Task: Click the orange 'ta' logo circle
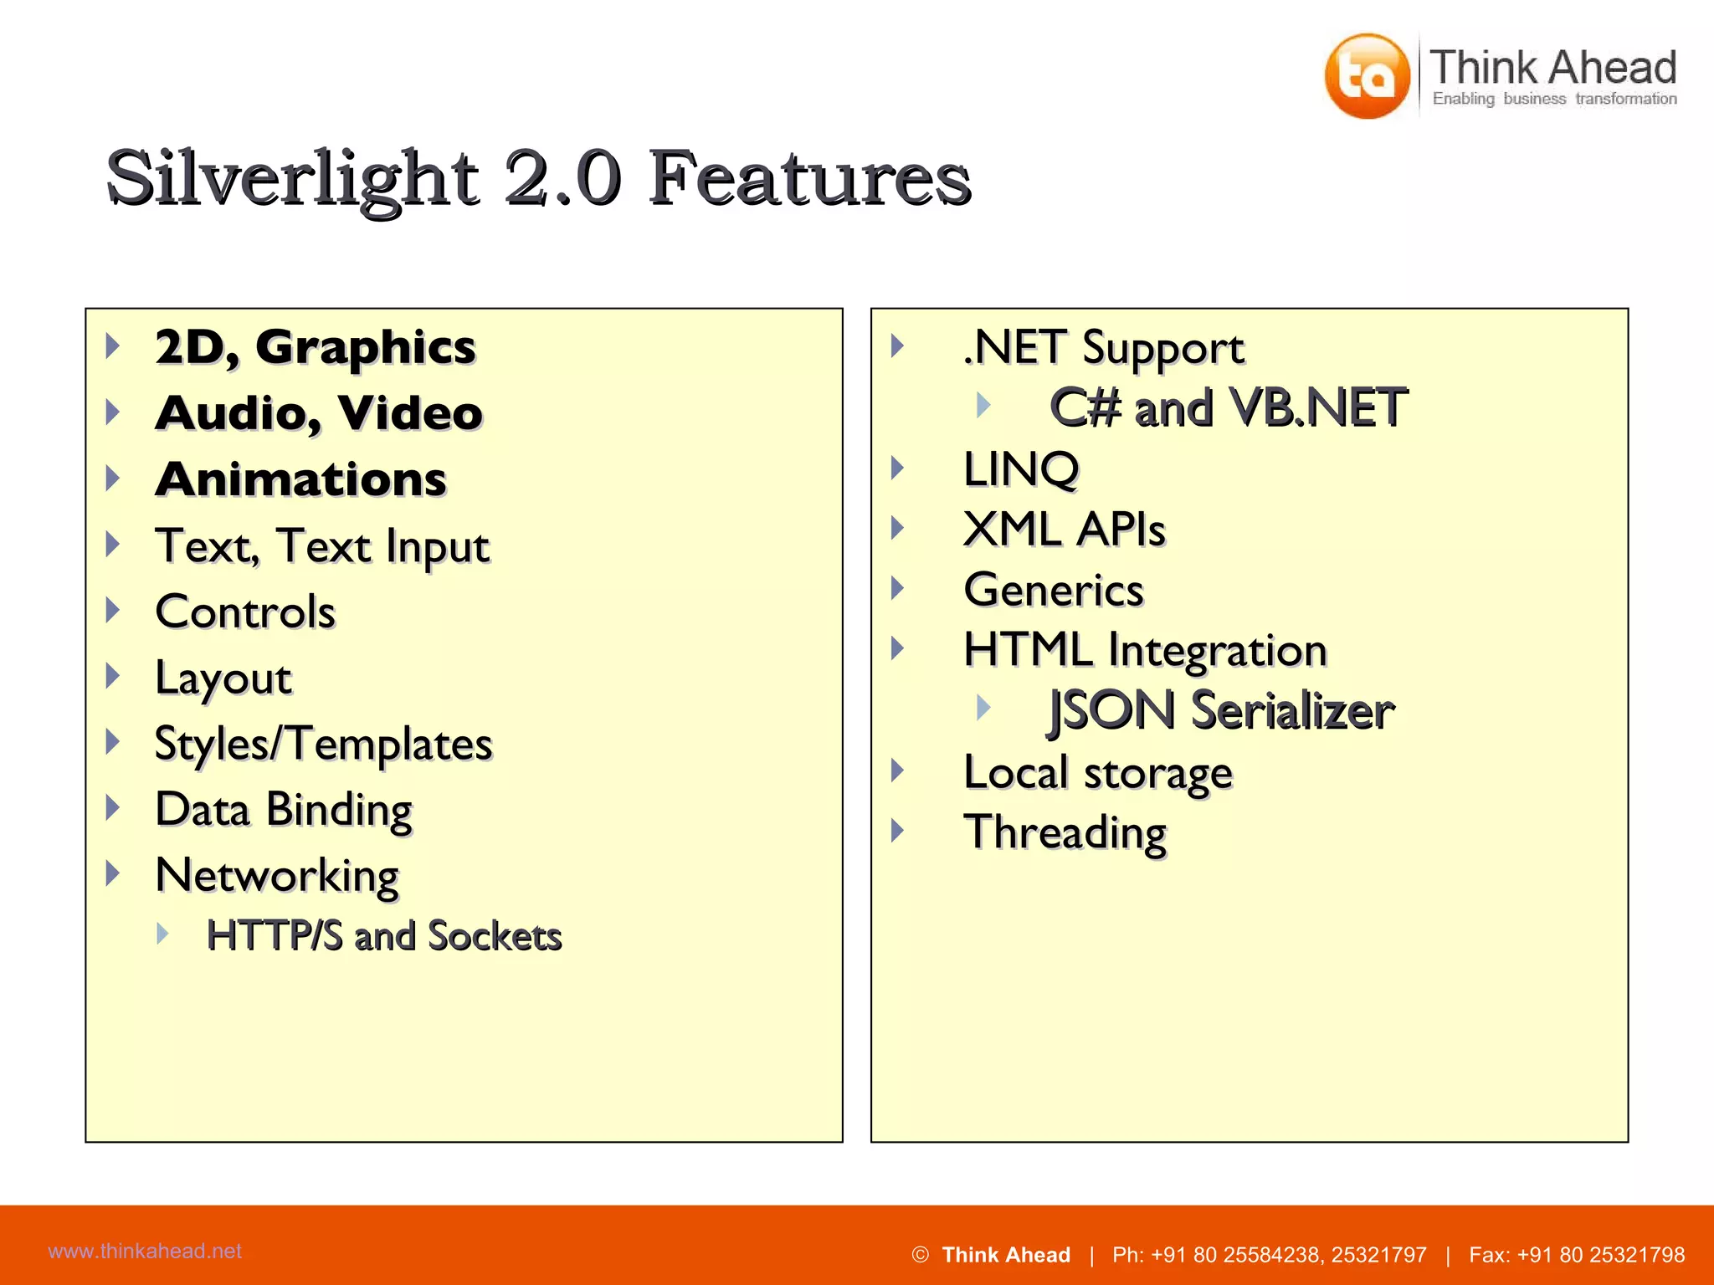pos(1367,76)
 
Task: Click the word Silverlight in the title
pos(292,178)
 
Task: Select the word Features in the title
pos(809,178)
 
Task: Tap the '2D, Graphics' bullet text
pos(315,347)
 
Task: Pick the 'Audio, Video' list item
pos(319,413)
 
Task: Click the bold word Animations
pos(301,479)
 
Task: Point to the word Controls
pos(245,612)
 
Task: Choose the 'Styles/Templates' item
pos(324,744)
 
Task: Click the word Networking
pos(277,876)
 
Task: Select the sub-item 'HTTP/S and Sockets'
pos(384,935)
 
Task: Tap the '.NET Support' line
pos(1103,348)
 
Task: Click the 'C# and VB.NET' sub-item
pos(1229,408)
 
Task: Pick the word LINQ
pos(1021,468)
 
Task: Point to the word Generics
pos(1054,590)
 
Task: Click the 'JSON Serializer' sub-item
pos(1221,711)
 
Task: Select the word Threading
pos(1065,832)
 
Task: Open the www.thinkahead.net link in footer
pos(145,1252)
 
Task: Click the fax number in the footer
pos(1577,1255)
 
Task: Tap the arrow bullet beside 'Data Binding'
pos(113,808)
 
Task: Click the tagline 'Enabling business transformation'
pos(1554,100)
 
